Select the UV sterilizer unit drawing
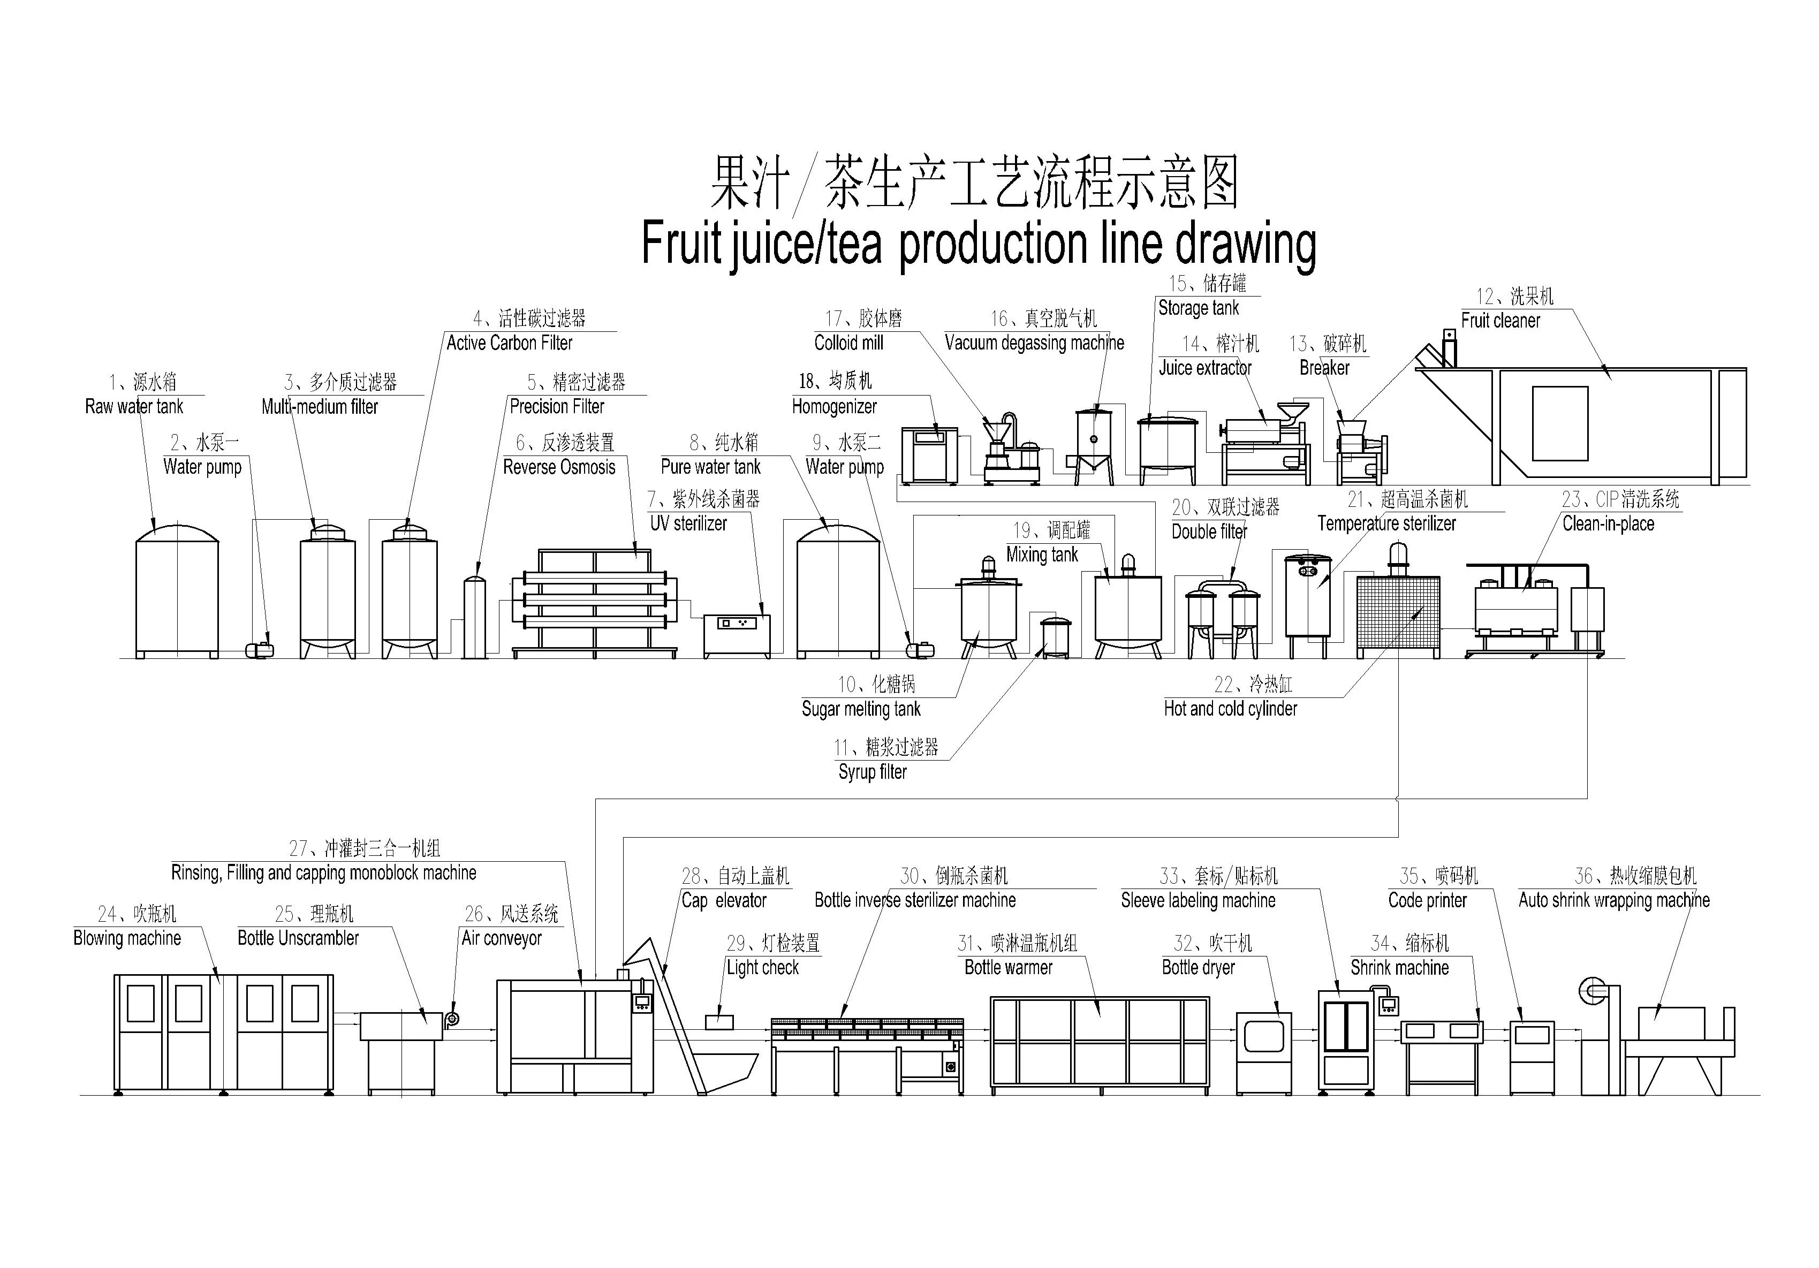pos(736,635)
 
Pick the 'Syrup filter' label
pos(872,771)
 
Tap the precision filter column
pos(474,617)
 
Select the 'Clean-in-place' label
pos(1608,523)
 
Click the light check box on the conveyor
pos(718,1022)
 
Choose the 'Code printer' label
pos(1427,900)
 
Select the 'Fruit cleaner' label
pos(1500,321)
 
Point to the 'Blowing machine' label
pos(127,938)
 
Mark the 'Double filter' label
pos(1209,532)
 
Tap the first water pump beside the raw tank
pos(260,649)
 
